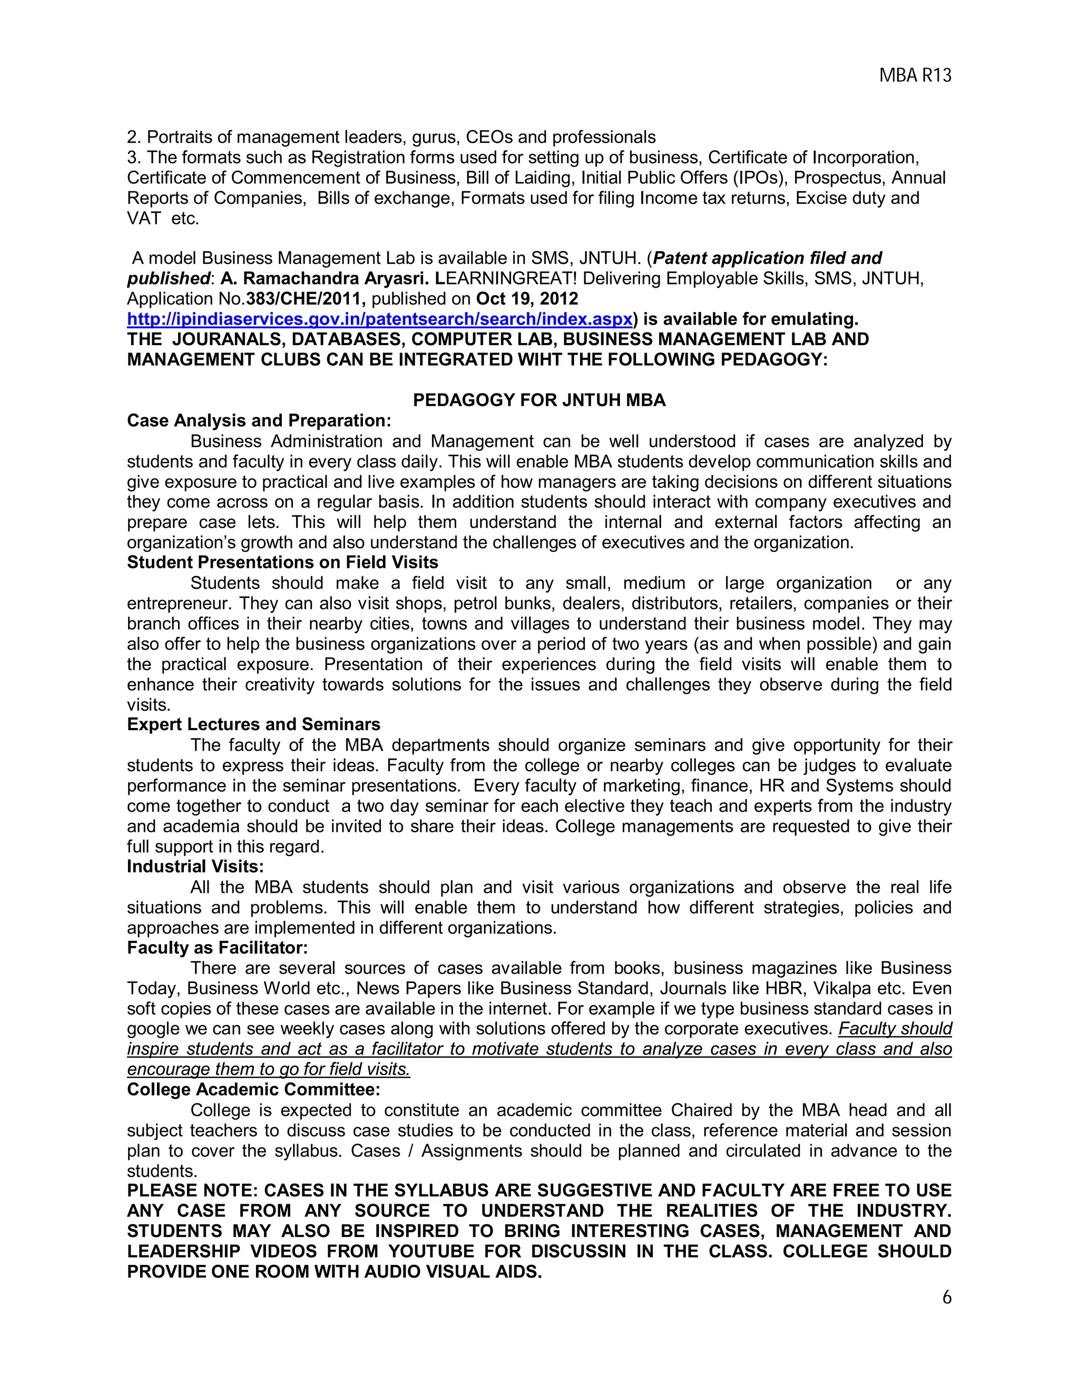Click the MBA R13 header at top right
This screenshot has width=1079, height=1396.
(915, 76)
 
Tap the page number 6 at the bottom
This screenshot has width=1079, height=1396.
(947, 1297)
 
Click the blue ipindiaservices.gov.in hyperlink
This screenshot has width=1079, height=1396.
(380, 319)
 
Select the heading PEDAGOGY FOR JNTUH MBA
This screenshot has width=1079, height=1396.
(539, 400)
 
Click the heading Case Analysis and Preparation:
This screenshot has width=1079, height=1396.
(258, 420)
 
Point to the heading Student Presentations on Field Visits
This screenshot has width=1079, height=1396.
(282, 563)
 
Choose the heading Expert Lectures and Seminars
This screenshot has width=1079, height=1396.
(253, 724)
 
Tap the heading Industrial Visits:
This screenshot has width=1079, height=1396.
(195, 866)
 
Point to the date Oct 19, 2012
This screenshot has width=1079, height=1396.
(527, 299)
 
